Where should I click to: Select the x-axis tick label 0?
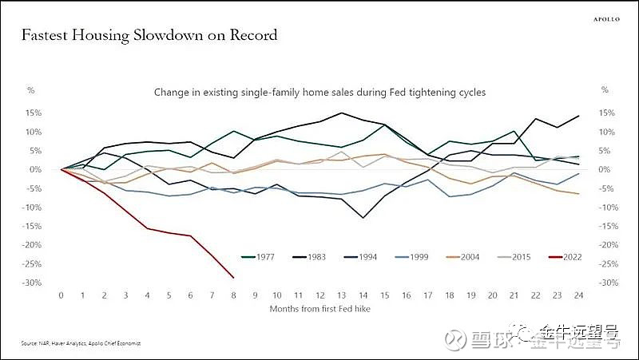point(61,295)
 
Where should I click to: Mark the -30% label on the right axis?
point(606,283)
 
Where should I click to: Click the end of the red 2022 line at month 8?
point(233,278)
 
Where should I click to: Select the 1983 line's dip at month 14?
point(363,218)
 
